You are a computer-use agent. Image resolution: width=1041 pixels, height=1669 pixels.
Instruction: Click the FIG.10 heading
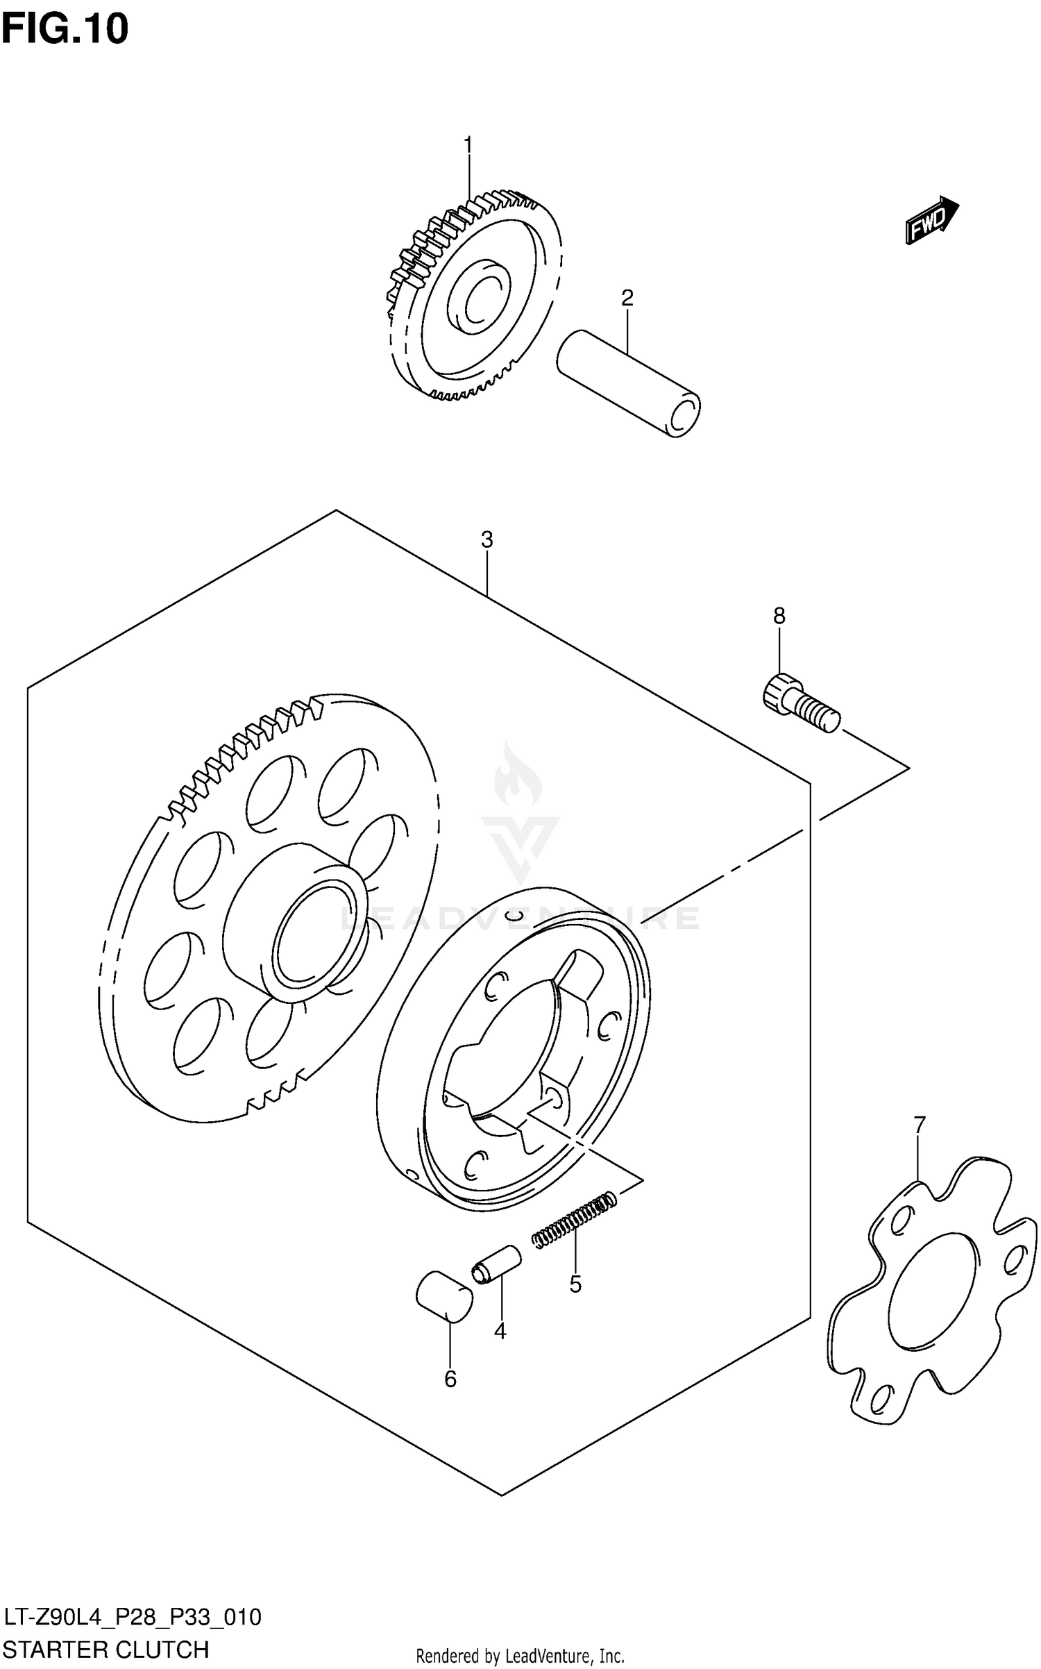pos(65,29)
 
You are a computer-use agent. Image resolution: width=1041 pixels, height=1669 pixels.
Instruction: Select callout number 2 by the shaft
pos(627,299)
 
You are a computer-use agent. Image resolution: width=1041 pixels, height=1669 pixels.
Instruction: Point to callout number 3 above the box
pos(486,539)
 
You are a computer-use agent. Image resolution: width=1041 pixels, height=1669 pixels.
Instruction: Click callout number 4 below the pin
pos(500,1331)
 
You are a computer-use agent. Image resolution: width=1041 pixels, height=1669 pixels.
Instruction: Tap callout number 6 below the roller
pos(450,1379)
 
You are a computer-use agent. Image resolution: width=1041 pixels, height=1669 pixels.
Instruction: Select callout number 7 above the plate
pos(920,1124)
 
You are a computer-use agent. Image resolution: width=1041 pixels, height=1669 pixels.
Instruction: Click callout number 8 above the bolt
pos(779,615)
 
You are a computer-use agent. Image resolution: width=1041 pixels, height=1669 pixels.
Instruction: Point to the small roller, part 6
pos(444,1295)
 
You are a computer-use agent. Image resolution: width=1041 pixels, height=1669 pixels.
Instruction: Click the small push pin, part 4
pos(496,1265)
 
